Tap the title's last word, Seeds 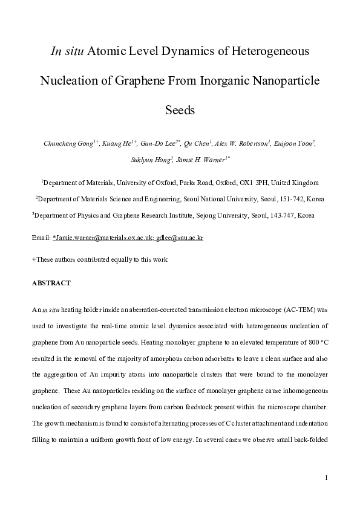[180, 111]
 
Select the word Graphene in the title [139, 80]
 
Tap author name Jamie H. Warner [199, 160]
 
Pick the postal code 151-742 [288, 198]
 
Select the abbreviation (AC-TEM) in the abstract [299, 309]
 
